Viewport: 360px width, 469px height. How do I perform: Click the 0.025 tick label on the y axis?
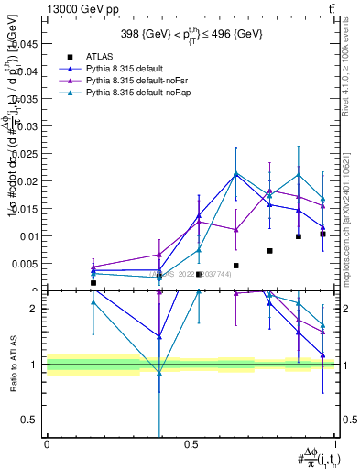(x=27, y=152)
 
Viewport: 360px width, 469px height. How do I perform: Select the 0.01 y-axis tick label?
(x=28, y=236)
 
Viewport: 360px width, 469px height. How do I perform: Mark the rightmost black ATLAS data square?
(x=322, y=234)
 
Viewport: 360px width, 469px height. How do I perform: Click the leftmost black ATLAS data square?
(x=93, y=283)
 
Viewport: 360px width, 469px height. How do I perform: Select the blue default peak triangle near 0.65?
(x=236, y=173)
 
